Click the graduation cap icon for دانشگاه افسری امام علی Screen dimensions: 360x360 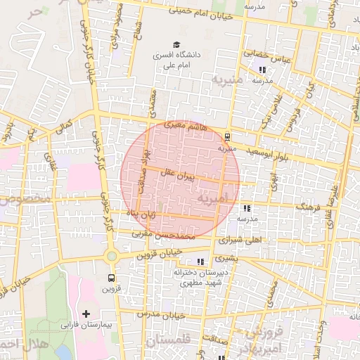point(175,44)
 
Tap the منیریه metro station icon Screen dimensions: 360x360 point(226,137)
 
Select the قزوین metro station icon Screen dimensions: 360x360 point(110,278)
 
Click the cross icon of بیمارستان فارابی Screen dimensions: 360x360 point(86,314)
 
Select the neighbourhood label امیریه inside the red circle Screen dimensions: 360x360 point(212,199)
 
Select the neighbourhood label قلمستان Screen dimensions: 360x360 point(169,342)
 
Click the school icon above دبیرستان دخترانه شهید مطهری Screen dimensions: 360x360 point(200,262)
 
